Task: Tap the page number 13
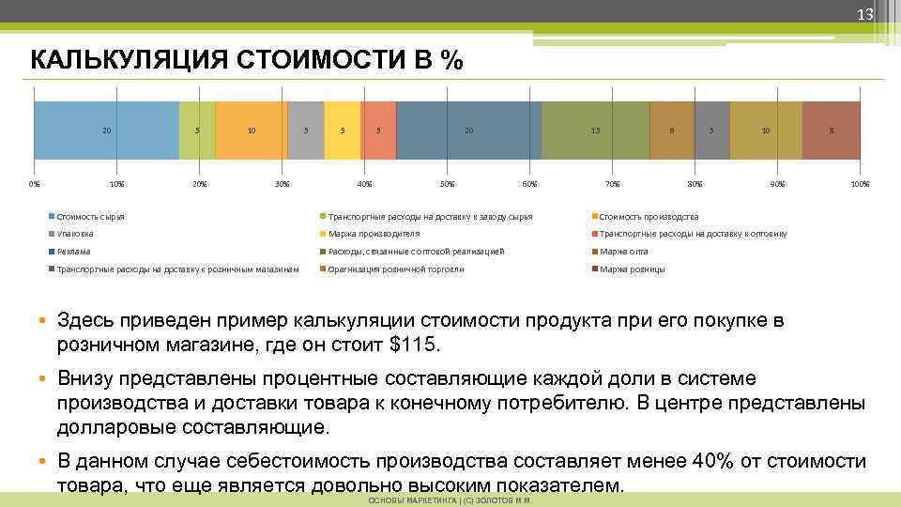(x=864, y=14)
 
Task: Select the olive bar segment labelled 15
(x=596, y=131)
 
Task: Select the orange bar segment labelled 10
(x=251, y=131)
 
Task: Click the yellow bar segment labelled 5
(x=343, y=131)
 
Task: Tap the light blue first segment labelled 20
(x=106, y=131)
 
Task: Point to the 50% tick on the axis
(x=448, y=184)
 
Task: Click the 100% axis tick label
(x=860, y=184)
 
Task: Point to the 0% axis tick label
(x=34, y=184)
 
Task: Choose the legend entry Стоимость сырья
(x=90, y=217)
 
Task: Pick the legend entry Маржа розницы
(x=632, y=269)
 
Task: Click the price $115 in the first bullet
(x=413, y=345)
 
